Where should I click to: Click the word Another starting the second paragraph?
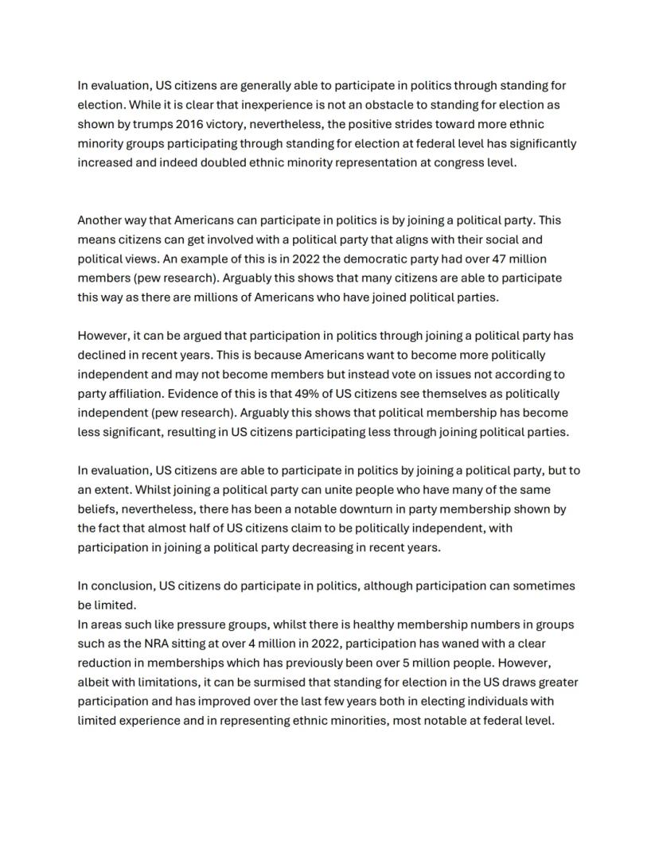click(102, 220)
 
